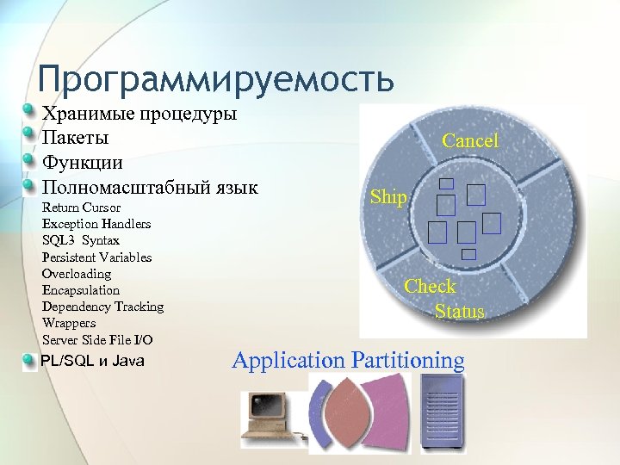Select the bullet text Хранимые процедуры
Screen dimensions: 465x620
click(x=139, y=114)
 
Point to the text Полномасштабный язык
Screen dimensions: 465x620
click(x=150, y=186)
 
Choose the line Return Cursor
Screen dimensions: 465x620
click(x=81, y=208)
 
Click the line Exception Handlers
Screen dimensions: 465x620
click(x=96, y=224)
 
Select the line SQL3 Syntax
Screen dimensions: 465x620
click(x=80, y=240)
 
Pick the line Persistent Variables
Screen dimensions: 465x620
click(x=96, y=257)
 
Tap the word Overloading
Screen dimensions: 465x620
click(x=77, y=273)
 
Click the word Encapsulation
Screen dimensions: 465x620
click(x=81, y=290)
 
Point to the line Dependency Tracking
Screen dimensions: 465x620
click(x=102, y=307)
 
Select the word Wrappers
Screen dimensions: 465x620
click(x=69, y=323)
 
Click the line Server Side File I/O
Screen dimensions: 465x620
click(x=97, y=340)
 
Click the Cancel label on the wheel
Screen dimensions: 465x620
click(x=470, y=140)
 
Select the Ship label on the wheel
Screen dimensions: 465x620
click(x=388, y=197)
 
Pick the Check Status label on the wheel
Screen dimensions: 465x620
click(x=445, y=299)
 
